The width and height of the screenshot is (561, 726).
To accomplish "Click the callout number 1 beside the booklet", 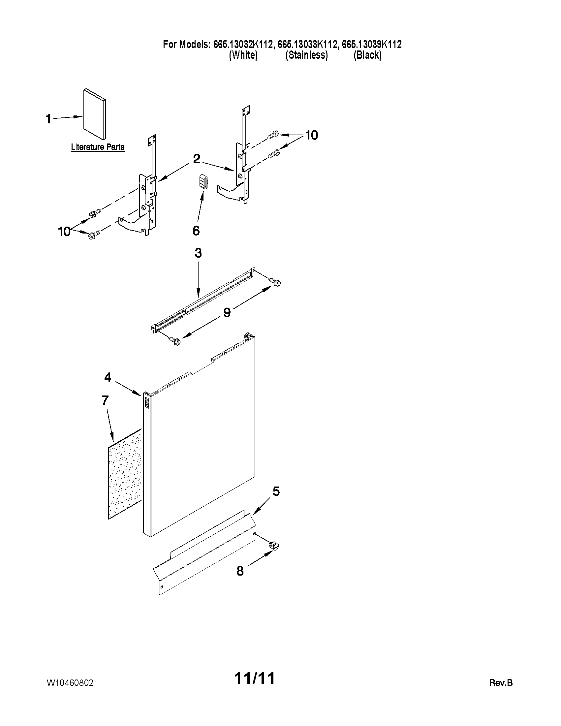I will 48,119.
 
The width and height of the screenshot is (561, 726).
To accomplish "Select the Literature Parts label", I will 97,146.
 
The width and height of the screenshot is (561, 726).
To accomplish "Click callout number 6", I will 196,230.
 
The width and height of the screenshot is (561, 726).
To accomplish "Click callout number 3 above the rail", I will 198,253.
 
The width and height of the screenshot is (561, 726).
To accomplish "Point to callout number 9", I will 227,312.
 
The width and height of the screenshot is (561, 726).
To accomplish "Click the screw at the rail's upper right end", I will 276,282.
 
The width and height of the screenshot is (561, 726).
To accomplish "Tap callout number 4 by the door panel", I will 108,377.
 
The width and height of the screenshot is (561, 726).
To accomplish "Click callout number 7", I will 105,400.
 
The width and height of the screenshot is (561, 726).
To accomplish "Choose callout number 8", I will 240,571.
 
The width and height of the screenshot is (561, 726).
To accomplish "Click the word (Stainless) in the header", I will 306,55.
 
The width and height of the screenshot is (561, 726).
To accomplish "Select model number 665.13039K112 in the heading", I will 372,44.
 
